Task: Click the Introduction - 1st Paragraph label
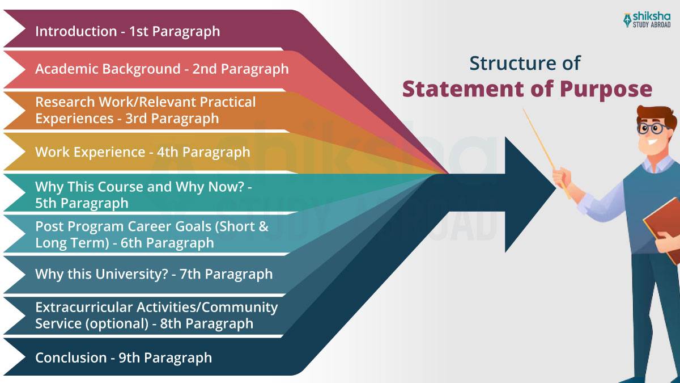(x=127, y=31)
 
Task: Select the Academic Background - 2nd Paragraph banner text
(x=161, y=69)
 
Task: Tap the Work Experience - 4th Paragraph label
(x=142, y=152)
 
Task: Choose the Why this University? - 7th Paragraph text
(x=154, y=274)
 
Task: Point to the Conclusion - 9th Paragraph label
(x=124, y=357)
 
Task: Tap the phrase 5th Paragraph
(x=82, y=203)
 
